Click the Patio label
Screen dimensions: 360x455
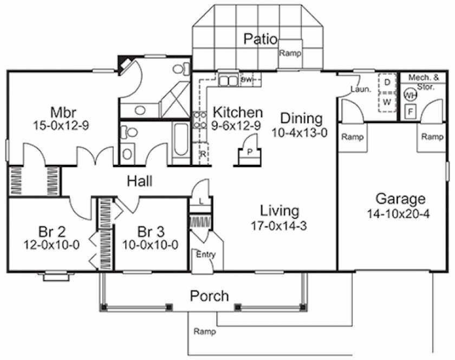coord(261,39)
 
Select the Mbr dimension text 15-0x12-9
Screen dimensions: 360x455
coord(61,125)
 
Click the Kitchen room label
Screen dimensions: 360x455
coord(238,113)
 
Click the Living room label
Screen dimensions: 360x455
coord(279,210)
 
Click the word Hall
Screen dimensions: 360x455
coord(139,181)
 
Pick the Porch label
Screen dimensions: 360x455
coord(209,297)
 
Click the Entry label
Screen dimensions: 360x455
coord(205,254)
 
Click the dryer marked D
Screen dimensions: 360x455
coord(387,82)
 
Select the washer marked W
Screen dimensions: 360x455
coord(387,101)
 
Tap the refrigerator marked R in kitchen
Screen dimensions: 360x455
coord(203,154)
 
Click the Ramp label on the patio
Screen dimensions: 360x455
coord(290,54)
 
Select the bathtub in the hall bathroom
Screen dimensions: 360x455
coord(181,144)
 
